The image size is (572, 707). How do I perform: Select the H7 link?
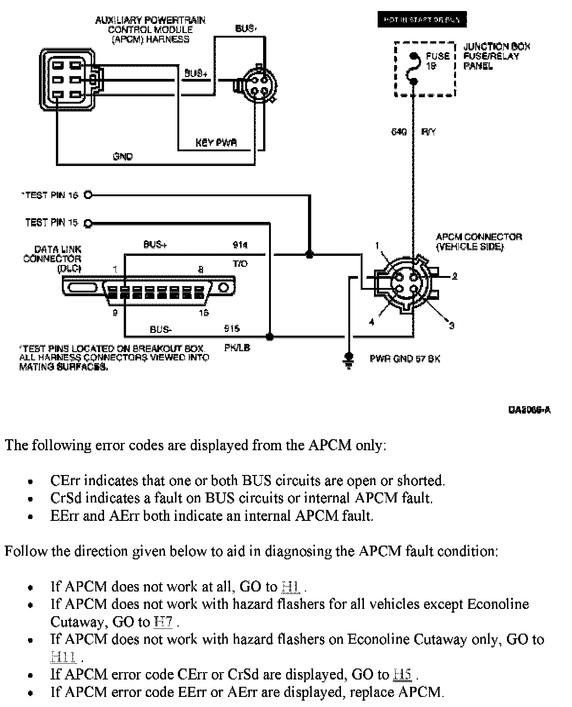(x=164, y=622)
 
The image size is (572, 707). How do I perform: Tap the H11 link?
(x=63, y=657)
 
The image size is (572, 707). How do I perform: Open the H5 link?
(x=402, y=674)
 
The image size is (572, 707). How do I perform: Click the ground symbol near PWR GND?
(x=349, y=360)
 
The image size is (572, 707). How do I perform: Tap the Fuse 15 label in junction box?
(x=437, y=61)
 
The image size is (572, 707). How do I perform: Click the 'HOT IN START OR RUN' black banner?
(x=422, y=20)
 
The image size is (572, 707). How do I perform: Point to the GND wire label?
(x=122, y=157)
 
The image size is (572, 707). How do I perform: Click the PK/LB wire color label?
(x=237, y=348)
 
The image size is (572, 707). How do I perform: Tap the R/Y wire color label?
(x=428, y=132)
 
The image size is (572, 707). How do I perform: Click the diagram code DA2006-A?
(x=529, y=409)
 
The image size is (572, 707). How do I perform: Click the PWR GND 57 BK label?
(x=405, y=359)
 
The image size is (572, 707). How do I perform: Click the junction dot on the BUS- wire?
(x=270, y=337)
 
